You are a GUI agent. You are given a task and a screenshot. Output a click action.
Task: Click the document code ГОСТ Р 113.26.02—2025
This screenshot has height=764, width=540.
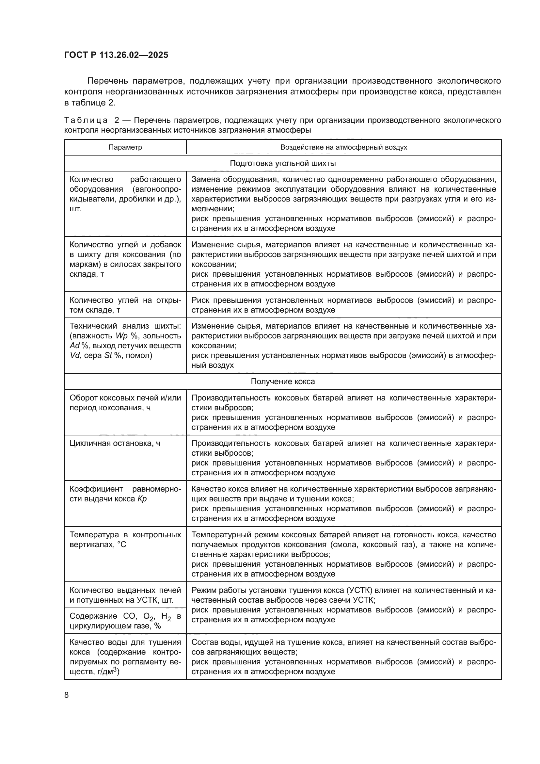tap(116, 55)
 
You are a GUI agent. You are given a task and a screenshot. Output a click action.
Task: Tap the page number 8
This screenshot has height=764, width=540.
tap(67, 695)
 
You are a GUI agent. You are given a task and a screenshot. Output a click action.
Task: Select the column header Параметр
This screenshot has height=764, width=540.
tap(125, 147)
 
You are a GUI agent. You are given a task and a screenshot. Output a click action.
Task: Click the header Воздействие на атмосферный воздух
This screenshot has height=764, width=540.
tap(343, 147)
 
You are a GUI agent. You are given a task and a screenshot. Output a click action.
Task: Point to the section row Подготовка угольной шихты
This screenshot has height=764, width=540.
tap(283, 163)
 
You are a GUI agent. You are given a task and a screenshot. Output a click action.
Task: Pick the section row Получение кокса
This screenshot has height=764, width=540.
tap(283, 381)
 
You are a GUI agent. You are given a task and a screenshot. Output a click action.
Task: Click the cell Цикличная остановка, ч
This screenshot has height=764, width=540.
tap(115, 443)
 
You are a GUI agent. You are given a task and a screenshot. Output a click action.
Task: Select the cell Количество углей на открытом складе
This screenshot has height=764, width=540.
tap(125, 305)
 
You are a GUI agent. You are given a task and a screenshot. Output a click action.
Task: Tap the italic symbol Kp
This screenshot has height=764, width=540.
tap(142, 499)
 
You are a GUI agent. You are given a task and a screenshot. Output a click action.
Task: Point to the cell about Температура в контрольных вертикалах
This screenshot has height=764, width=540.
tap(125, 539)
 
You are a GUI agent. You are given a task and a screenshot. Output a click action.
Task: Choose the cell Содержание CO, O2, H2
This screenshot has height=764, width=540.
tap(125, 621)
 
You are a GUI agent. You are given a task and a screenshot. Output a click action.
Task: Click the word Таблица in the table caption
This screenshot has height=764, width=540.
tap(86, 120)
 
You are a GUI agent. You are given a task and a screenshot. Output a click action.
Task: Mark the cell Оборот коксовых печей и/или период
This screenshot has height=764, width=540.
tap(125, 403)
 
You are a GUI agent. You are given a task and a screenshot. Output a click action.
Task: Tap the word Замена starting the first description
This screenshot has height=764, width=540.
tap(205, 180)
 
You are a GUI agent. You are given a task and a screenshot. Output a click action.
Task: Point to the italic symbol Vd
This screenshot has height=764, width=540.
tap(75, 355)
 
